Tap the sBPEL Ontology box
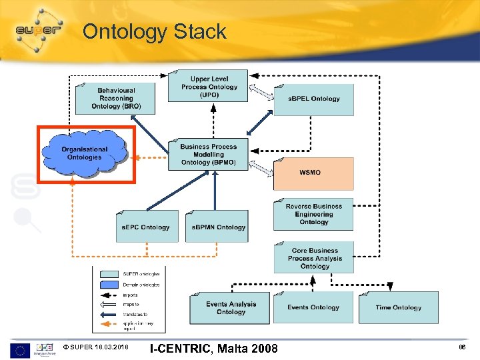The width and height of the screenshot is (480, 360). pyautogui.click(x=313, y=99)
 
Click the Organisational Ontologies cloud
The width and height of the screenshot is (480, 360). pyautogui.click(x=84, y=153)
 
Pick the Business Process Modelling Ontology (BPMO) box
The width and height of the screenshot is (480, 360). pyautogui.click(x=208, y=155)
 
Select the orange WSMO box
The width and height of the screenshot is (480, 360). pyautogui.click(x=313, y=173)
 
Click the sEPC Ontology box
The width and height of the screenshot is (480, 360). pyautogui.click(x=147, y=227)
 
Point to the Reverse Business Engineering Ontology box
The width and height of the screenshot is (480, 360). pyautogui.click(x=313, y=214)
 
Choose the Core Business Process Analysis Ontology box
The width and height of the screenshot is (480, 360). pyautogui.click(x=313, y=258)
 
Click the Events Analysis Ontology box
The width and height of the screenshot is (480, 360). pyautogui.click(x=230, y=308)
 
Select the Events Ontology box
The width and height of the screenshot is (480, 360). pyautogui.click(x=313, y=308)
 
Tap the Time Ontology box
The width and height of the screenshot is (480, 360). pyautogui.click(x=398, y=308)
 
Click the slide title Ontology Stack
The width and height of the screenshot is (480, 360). pyautogui.click(x=154, y=31)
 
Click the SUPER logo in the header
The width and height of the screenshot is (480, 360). pyautogui.click(x=38, y=30)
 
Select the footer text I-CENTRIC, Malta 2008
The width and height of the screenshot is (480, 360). pyautogui.click(x=214, y=348)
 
